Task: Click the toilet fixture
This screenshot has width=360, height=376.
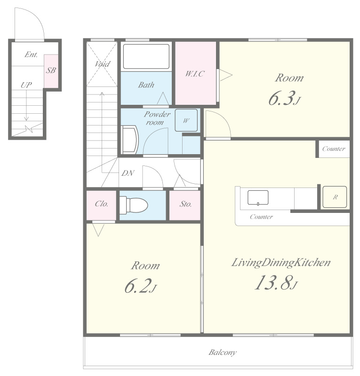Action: [x=134, y=205]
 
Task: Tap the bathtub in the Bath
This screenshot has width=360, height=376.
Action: [x=146, y=56]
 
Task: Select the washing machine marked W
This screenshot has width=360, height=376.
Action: [x=186, y=120]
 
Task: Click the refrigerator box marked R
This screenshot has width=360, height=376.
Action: [x=335, y=197]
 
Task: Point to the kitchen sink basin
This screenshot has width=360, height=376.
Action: [x=258, y=197]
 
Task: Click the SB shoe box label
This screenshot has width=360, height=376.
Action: [x=51, y=70]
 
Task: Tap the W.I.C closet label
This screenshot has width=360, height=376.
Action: [x=195, y=74]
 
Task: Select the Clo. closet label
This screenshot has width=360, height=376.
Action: [x=101, y=204]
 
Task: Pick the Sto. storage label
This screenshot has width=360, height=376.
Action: [x=185, y=204]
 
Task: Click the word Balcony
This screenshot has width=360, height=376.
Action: [x=223, y=352]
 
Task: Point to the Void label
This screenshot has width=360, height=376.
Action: [x=102, y=64]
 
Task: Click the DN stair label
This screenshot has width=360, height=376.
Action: [x=128, y=173]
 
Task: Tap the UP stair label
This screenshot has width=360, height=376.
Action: [x=26, y=85]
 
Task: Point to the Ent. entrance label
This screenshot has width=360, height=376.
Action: [x=31, y=55]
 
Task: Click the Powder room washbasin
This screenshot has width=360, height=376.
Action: [x=130, y=140]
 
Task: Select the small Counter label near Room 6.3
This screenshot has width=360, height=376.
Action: [x=334, y=149]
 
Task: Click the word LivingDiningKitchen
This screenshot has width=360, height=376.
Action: [x=281, y=263]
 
